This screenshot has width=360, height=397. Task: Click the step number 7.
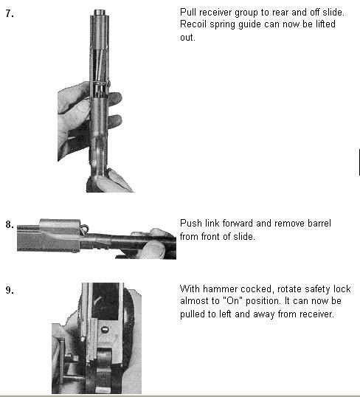tap(10, 14)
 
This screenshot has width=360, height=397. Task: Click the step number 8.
tap(10, 224)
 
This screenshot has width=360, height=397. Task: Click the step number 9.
tap(10, 290)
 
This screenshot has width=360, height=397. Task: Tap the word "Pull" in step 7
tap(188, 12)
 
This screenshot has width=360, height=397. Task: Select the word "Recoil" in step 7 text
tap(193, 24)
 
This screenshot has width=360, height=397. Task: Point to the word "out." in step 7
tap(187, 38)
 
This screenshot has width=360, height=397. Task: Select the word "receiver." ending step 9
tap(317, 314)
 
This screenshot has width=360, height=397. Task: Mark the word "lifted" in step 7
tap(325, 24)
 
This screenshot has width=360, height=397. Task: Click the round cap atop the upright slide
tap(100, 13)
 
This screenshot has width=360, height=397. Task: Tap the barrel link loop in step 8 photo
tap(84, 229)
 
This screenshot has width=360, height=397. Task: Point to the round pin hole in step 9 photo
tap(105, 330)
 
